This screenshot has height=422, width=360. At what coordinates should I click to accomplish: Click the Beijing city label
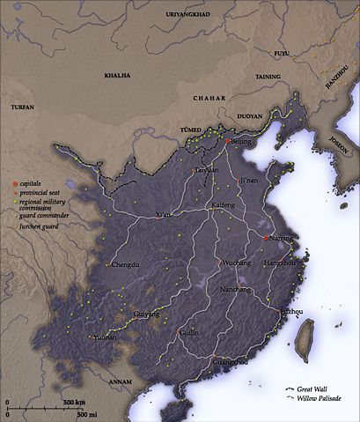242,141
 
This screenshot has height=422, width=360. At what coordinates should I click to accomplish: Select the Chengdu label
127,263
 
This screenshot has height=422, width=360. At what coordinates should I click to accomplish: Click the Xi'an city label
164,215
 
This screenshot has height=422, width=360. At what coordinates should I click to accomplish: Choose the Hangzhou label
281,263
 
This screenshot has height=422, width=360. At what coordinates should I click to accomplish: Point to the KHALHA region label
117,76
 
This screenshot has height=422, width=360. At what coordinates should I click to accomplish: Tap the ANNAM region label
120,382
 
